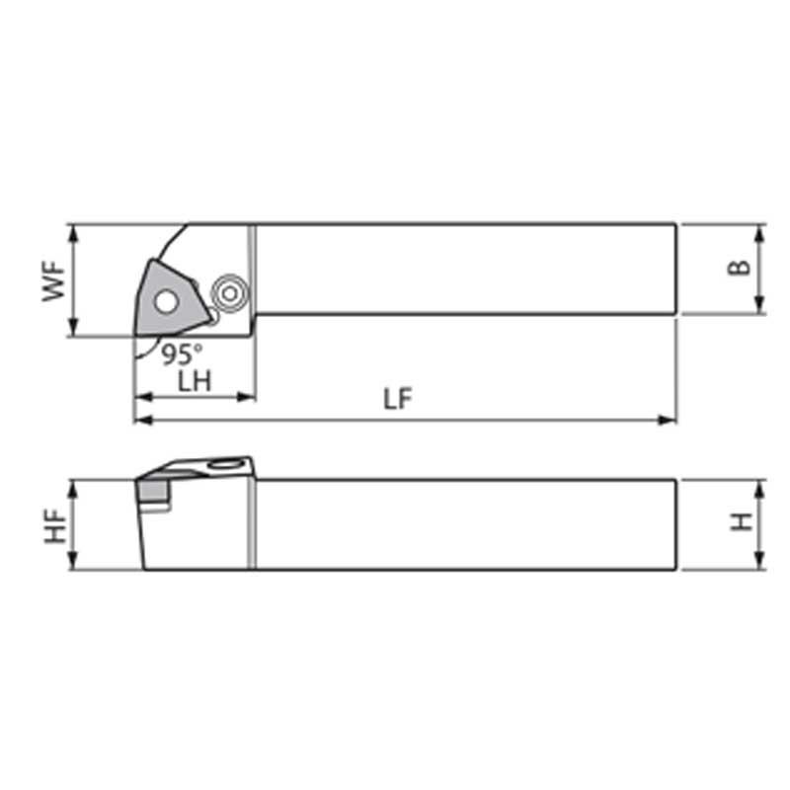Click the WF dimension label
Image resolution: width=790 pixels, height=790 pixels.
point(54,281)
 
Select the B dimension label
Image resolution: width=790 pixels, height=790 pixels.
point(739,268)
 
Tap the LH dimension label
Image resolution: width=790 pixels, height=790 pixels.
point(195,381)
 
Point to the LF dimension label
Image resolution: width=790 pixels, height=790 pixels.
point(398,399)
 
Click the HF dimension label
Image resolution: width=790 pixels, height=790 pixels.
point(55,526)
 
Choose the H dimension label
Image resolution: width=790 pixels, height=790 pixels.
point(742,521)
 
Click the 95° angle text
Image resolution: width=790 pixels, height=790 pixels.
point(183,354)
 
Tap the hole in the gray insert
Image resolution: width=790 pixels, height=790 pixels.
point(166,302)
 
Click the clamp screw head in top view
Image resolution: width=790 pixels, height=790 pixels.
point(229,293)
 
